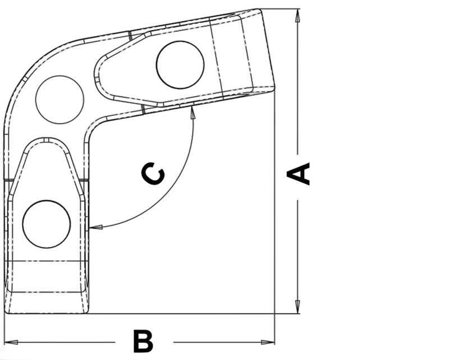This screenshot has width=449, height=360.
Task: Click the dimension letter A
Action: coord(299,174)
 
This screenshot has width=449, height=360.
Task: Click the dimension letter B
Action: coord(143,341)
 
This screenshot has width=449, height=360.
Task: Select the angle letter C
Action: coord(153,174)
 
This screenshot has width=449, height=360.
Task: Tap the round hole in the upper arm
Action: coord(180,65)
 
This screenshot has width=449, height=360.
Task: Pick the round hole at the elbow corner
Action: coord(60,100)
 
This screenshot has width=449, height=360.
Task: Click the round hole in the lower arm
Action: coord(47,224)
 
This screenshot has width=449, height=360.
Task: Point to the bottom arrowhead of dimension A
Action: coord(298,307)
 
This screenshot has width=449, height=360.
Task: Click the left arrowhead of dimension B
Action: coord(11,342)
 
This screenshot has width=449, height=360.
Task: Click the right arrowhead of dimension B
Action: coord(268,342)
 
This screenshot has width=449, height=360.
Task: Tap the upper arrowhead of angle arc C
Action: coord(193,112)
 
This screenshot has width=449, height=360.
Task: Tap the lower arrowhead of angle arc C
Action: coord(96,227)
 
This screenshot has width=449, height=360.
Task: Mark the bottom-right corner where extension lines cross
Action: coord(274,313)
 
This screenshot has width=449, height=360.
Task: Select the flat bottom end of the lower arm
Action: coord(47,313)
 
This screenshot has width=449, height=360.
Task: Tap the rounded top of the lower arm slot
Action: coord(47,140)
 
